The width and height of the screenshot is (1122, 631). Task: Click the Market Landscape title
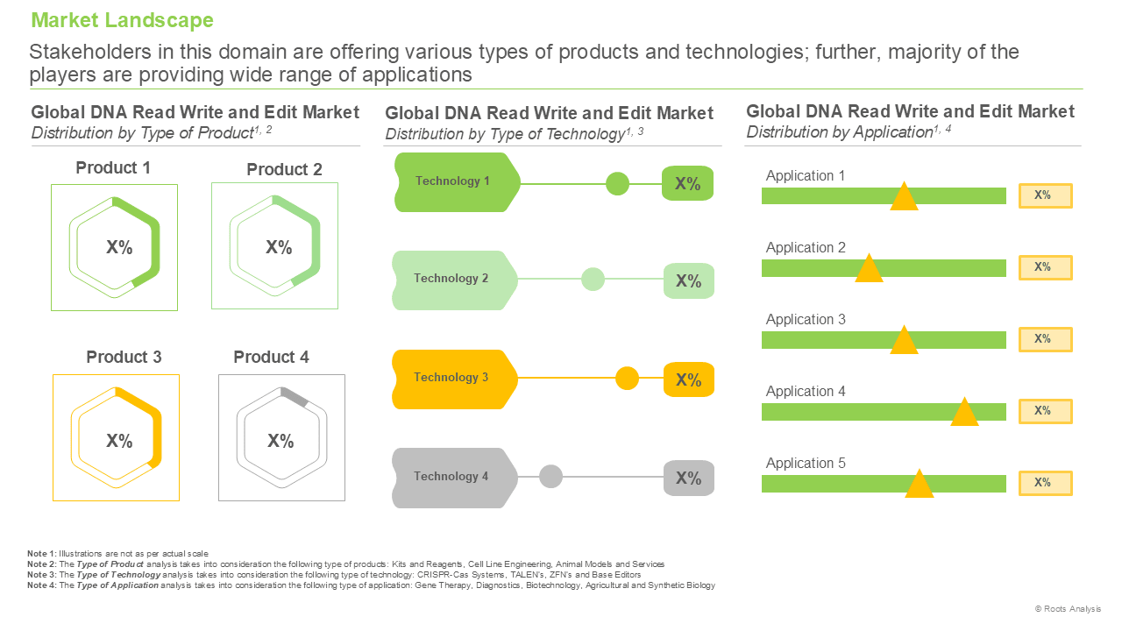tap(122, 20)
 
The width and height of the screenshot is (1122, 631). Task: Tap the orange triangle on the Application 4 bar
tap(964, 412)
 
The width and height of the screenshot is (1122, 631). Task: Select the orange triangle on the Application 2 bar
tap(869, 268)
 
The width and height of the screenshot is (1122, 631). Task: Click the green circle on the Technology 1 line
tap(617, 184)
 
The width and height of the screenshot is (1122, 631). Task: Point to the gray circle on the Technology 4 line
tap(550, 476)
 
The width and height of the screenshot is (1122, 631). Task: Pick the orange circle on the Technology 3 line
tap(627, 378)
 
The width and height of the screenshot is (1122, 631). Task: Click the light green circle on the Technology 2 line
tap(593, 279)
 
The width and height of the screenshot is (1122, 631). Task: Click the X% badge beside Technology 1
tap(687, 183)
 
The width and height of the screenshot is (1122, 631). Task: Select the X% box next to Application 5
tap(1046, 483)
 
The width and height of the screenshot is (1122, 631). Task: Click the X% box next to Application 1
tap(1046, 195)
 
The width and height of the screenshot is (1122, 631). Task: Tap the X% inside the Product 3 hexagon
tap(119, 441)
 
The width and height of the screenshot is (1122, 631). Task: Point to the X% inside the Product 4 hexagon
tap(280, 441)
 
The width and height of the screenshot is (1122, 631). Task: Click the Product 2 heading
tap(284, 169)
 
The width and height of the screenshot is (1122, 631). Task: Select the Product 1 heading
tap(113, 167)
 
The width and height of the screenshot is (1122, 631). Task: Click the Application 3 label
tap(806, 319)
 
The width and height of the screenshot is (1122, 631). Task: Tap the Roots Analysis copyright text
tap(1068, 608)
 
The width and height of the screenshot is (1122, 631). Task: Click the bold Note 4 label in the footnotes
tap(42, 585)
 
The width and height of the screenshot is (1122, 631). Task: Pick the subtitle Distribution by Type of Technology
tap(515, 134)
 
